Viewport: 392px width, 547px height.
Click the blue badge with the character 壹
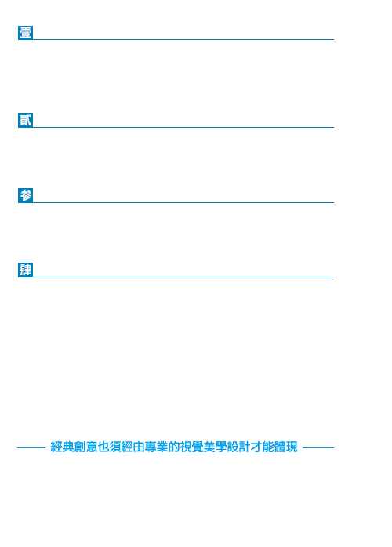coord(26,32)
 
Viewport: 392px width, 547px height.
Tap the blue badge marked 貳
coord(26,120)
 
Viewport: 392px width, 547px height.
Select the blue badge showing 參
coord(26,195)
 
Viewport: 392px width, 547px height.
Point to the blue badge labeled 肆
coord(26,270)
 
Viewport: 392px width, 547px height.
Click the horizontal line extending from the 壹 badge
coord(183,39)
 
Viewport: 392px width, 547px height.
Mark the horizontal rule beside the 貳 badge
coord(183,127)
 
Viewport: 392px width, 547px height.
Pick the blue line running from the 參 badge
coord(183,202)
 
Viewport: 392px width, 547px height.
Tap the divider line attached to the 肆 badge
coord(183,277)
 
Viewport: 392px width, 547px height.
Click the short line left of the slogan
coord(31,447)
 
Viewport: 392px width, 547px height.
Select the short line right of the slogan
coord(318,447)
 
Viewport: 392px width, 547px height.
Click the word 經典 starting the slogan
coord(62,447)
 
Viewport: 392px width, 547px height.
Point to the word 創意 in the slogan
coord(85,447)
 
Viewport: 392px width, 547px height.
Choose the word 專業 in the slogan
coord(156,447)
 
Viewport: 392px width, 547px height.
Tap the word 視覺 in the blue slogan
coord(191,447)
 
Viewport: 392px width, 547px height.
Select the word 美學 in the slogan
coord(215,447)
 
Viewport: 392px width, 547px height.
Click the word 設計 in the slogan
coord(238,447)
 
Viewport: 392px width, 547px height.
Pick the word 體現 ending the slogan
coord(285,447)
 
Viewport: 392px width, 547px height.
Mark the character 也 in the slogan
coord(103,447)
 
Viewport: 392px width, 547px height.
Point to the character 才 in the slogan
coord(256,447)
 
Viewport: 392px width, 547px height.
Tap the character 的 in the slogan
coord(174,447)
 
